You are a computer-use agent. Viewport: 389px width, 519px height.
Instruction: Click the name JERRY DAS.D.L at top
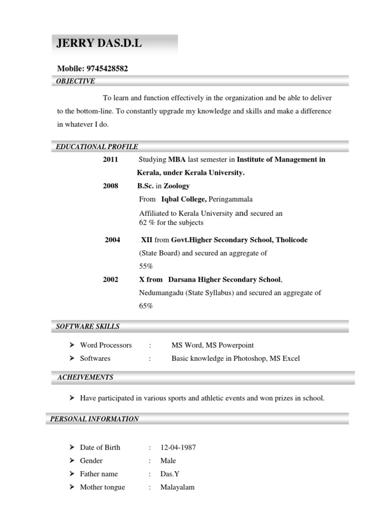coord(99,44)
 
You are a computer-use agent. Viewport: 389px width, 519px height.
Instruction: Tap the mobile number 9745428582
coord(106,68)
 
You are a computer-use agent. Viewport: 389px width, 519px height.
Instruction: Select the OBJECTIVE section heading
coord(75,81)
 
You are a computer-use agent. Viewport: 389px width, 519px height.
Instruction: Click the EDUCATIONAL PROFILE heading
coord(97,147)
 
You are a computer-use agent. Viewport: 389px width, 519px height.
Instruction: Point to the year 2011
coord(110,160)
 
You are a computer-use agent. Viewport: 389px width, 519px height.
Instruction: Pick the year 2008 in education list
coord(110,186)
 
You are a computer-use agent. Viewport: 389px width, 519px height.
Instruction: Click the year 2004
coord(112,240)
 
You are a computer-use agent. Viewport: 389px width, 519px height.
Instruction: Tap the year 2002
coord(110,279)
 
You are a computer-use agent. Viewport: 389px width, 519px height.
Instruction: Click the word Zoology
coord(176,186)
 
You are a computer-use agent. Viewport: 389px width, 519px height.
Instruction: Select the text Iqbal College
coord(180,199)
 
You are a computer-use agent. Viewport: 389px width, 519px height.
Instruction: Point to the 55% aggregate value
coord(146,266)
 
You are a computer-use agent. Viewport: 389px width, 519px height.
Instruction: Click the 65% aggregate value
coord(146,306)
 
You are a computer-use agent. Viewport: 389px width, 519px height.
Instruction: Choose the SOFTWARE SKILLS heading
coord(88,326)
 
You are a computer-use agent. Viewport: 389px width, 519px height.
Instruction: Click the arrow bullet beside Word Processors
coord(72,345)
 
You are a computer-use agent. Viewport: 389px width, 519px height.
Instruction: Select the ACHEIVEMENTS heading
coord(85,378)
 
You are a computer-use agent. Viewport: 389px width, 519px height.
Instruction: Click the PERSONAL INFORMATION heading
coord(95,419)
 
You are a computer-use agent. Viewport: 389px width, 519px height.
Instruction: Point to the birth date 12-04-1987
coord(178,448)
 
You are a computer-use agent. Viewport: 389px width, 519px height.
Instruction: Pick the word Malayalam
coord(177,487)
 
